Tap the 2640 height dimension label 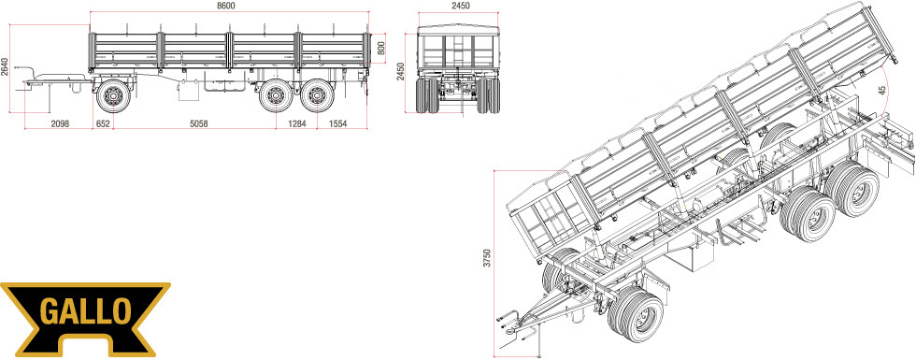[x=6, y=67]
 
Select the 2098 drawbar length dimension [x=60, y=123]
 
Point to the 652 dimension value [x=103, y=123]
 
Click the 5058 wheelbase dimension [x=199, y=123]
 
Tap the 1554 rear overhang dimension [x=337, y=123]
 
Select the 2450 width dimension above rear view [x=460, y=6]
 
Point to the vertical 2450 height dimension [x=401, y=72]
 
